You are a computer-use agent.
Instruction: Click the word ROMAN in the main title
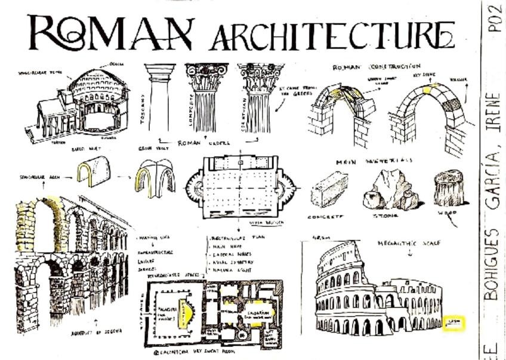coord(110,33)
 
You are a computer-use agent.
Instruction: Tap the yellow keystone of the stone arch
coord(427,89)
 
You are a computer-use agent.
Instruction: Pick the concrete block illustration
coord(329,189)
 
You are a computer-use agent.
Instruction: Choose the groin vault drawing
coord(154,177)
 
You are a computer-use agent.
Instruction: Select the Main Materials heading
coord(382,160)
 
